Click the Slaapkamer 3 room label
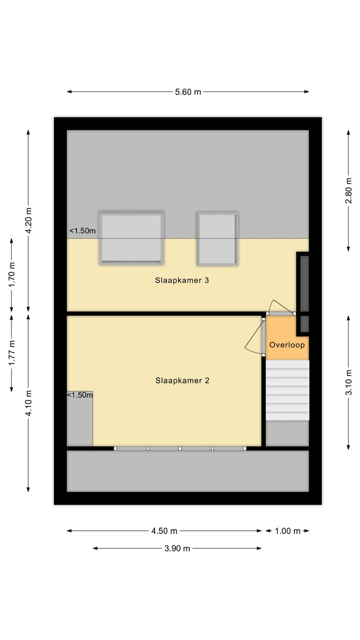tap(181, 280)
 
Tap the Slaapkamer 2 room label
tap(182, 380)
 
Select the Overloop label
tap(287, 345)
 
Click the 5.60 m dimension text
tap(188, 92)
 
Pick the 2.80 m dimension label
tap(349, 190)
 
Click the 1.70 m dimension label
tap(12, 274)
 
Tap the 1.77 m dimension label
tap(12, 352)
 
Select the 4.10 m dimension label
tap(28, 403)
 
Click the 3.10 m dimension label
tap(349, 382)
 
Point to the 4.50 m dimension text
tap(164, 531)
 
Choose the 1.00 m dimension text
tap(287, 531)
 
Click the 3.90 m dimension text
tap(177, 548)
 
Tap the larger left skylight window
tap(131, 237)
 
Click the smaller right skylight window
tap(217, 238)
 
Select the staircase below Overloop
tap(287, 390)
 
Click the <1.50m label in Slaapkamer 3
tap(82, 231)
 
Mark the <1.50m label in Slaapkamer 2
tap(80, 395)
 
